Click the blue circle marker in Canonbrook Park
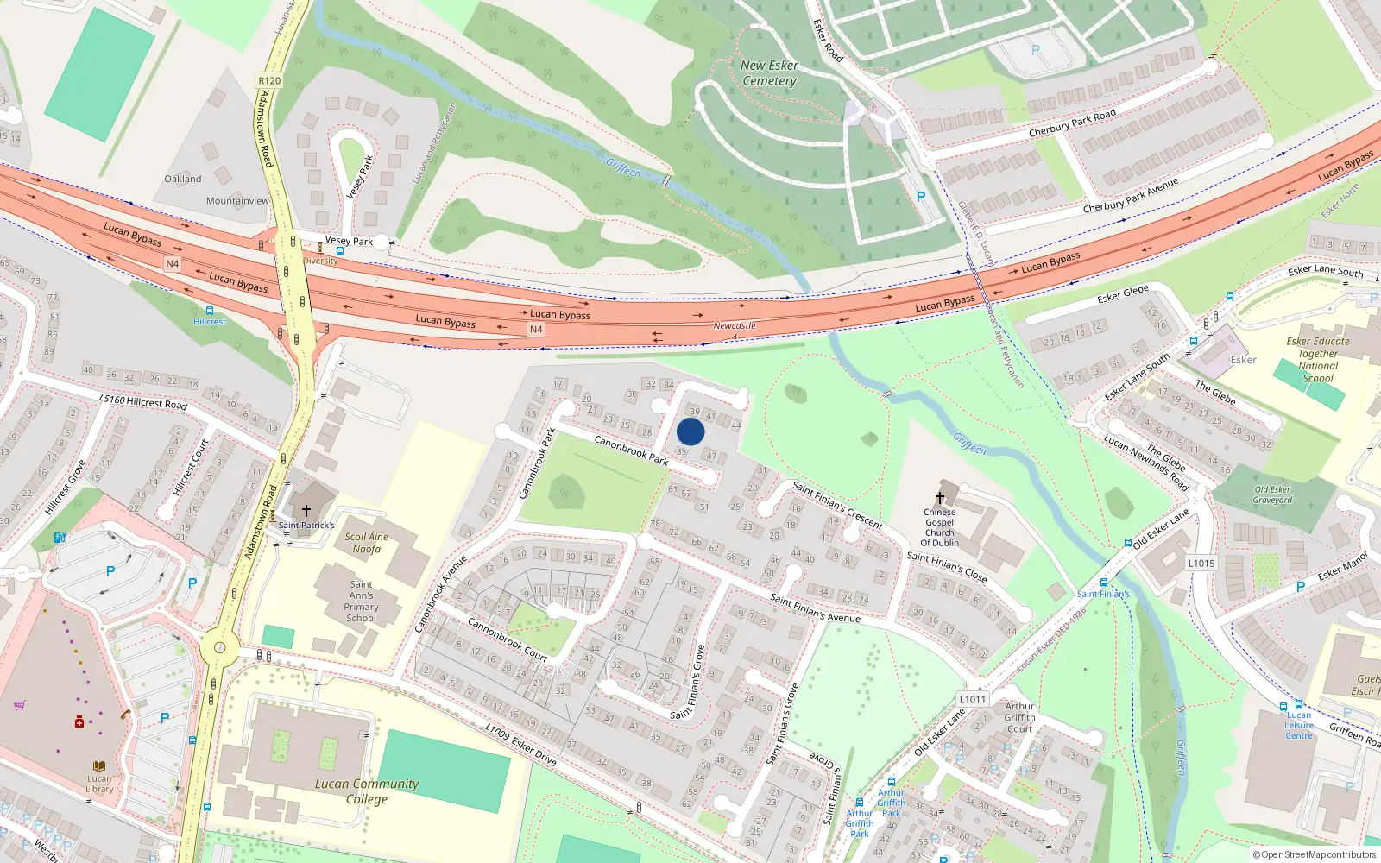[690, 431]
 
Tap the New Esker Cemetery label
[769, 73]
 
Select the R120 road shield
[269, 80]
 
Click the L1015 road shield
[1201, 564]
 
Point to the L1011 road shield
[972, 699]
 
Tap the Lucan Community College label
[367, 791]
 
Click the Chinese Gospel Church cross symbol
[940, 498]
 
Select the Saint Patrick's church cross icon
[306, 511]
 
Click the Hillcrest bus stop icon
[209, 310]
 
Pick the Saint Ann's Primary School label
[361, 602]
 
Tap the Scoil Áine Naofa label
[367, 543]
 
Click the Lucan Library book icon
[99, 765]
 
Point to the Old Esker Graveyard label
[1273, 494]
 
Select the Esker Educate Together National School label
[1318, 360]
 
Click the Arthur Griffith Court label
[1019, 717]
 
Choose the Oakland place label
[183, 179]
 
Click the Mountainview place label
[237, 201]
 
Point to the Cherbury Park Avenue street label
[1131, 197]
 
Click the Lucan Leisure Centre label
[1299, 725]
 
